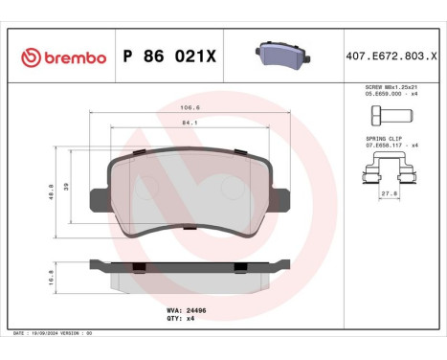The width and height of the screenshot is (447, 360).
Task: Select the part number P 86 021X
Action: pos(170,58)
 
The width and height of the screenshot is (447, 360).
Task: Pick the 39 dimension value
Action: pos(66,188)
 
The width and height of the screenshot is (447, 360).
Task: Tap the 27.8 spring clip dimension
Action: pos(390,195)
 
